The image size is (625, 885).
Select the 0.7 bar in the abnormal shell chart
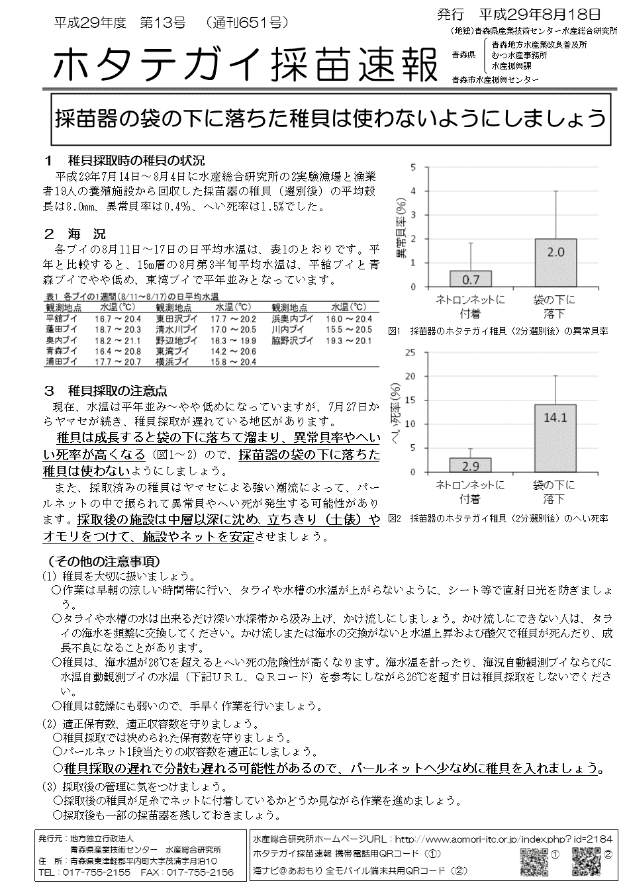pos(470,279)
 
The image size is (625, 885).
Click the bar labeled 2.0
pos(555,263)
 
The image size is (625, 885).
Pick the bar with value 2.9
pos(470,465)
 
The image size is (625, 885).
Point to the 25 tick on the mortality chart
pos(412,352)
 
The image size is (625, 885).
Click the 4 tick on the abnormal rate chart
pos(414,191)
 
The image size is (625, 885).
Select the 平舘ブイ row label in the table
pos(62,318)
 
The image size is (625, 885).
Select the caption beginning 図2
pos(498,518)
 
